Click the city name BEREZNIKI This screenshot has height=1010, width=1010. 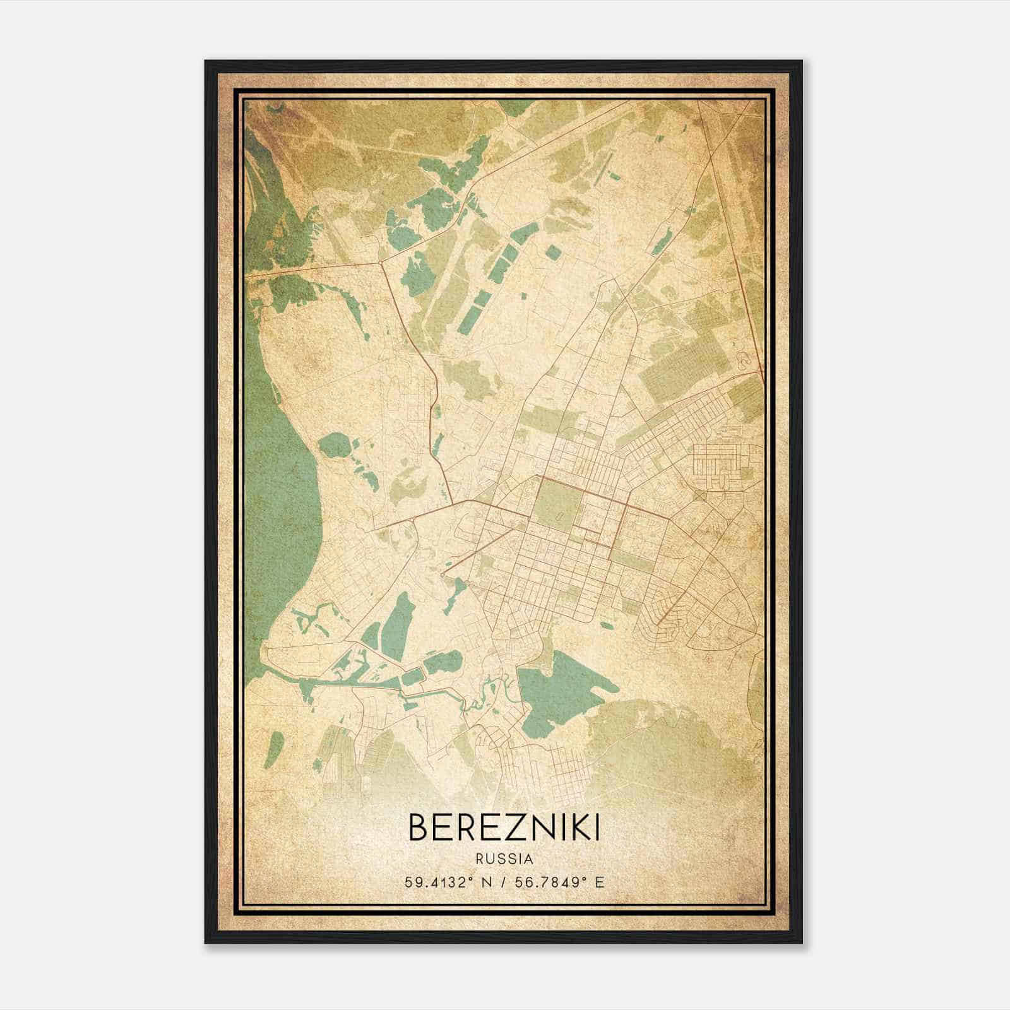tap(504, 827)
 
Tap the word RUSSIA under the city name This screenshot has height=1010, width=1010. tap(504, 858)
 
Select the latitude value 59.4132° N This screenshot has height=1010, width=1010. tap(449, 881)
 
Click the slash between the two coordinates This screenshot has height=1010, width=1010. tap(501, 881)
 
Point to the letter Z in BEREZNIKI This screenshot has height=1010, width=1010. tap(515, 827)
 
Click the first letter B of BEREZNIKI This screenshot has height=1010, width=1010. tap(420, 827)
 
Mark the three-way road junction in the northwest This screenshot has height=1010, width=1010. tap(383, 260)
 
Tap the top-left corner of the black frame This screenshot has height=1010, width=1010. tap(206, 62)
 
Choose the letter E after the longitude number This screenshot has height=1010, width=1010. tap(600, 881)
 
